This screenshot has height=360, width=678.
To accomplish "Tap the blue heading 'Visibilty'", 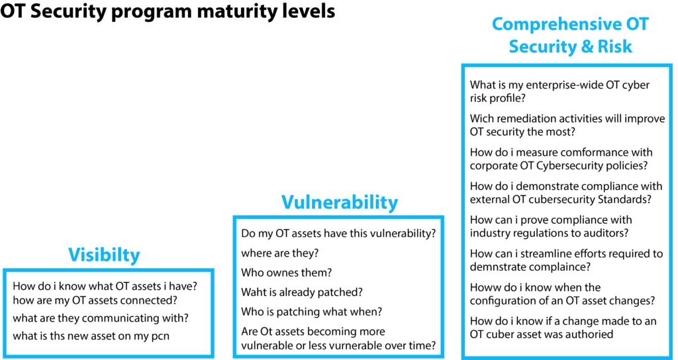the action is pyautogui.click(x=104, y=255).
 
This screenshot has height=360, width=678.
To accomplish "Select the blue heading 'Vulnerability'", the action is pyautogui.click(x=340, y=202).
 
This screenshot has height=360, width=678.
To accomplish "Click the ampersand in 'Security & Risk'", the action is pyautogui.click(x=587, y=46).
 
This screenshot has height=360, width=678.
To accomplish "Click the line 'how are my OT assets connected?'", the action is pyautogui.click(x=95, y=300).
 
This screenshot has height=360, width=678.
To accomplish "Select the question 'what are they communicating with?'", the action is pyautogui.click(x=101, y=318).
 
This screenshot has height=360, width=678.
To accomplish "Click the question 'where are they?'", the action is pyautogui.click(x=280, y=253).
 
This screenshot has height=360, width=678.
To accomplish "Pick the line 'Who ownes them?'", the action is pyautogui.click(x=286, y=273).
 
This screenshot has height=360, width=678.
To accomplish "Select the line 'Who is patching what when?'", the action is pyautogui.click(x=312, y=312).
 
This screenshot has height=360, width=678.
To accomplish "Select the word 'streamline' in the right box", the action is pyautogui.click(x=565, y=253).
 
